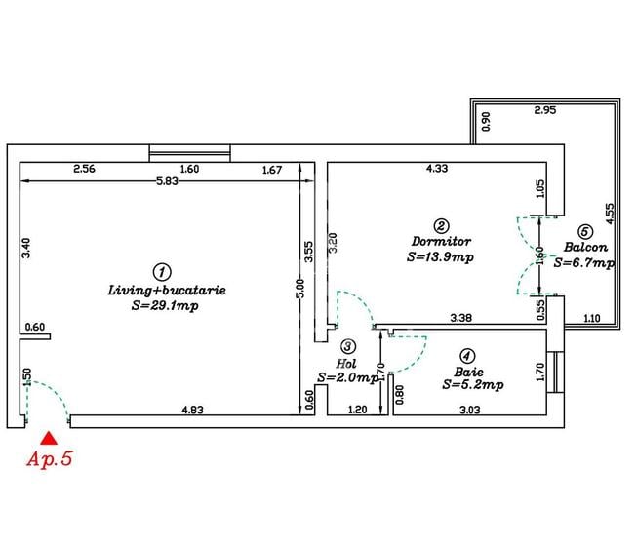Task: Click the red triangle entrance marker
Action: coord(45,440)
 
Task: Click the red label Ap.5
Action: coord(50,459)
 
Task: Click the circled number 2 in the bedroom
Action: coord(441,224)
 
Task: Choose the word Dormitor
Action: coord(441,241)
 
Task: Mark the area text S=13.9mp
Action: coord(441,258)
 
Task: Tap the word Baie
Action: coord(468,371)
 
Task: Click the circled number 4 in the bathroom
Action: coord(468,355)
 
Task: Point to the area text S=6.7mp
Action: coord(584,262)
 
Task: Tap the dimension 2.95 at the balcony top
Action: coord(545,111)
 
